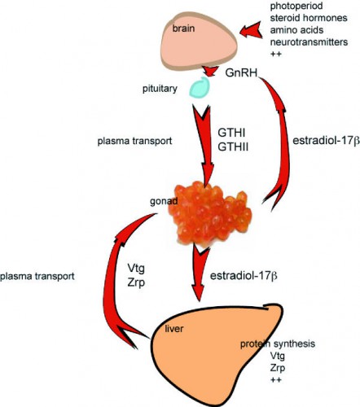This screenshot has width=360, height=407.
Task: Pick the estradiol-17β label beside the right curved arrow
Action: point(316,139)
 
